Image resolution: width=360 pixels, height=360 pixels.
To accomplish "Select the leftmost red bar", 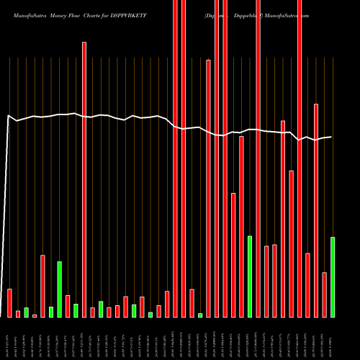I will tap(9, 302).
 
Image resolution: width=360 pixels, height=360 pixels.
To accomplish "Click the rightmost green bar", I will tap(333, 276).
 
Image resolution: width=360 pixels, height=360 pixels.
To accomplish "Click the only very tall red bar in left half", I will tap(84, 179).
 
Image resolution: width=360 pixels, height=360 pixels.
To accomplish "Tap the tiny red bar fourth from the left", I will tap(35, 315).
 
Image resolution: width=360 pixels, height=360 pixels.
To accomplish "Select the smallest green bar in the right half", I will tap(200, 315).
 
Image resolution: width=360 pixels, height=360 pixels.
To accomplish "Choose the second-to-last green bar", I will tap(250, 276).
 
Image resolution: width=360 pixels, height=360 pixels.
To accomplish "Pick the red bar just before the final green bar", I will tap(325, 294).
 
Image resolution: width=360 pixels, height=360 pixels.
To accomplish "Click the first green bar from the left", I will tap(26, 312).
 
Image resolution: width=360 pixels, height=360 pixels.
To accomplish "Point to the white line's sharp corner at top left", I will tap(9, 115).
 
